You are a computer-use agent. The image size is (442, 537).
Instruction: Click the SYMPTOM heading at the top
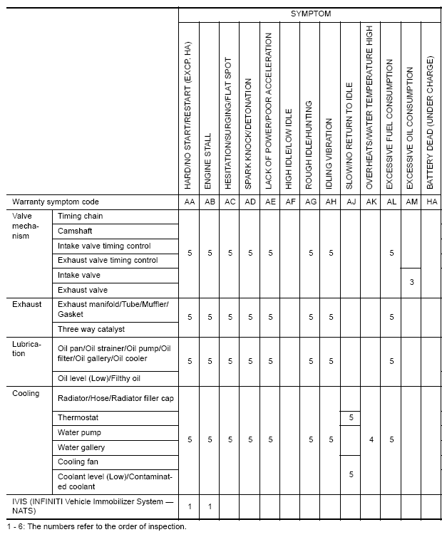[310, 14]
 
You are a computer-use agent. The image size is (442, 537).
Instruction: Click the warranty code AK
[371, 202]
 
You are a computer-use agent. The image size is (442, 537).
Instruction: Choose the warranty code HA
[430, 202]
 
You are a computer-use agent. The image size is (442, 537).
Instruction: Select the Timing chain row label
[81, 216]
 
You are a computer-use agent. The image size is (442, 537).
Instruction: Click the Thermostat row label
[78, 417]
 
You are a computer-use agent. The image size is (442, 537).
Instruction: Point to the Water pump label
[79, 432]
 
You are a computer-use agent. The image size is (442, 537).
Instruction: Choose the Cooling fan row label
[78, 462]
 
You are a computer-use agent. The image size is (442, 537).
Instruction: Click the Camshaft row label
[75, 231]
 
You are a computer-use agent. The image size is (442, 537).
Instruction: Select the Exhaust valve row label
[82, 290]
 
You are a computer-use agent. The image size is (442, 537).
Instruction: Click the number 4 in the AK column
[371, 440]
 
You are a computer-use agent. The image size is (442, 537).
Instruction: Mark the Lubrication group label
[28, 348]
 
